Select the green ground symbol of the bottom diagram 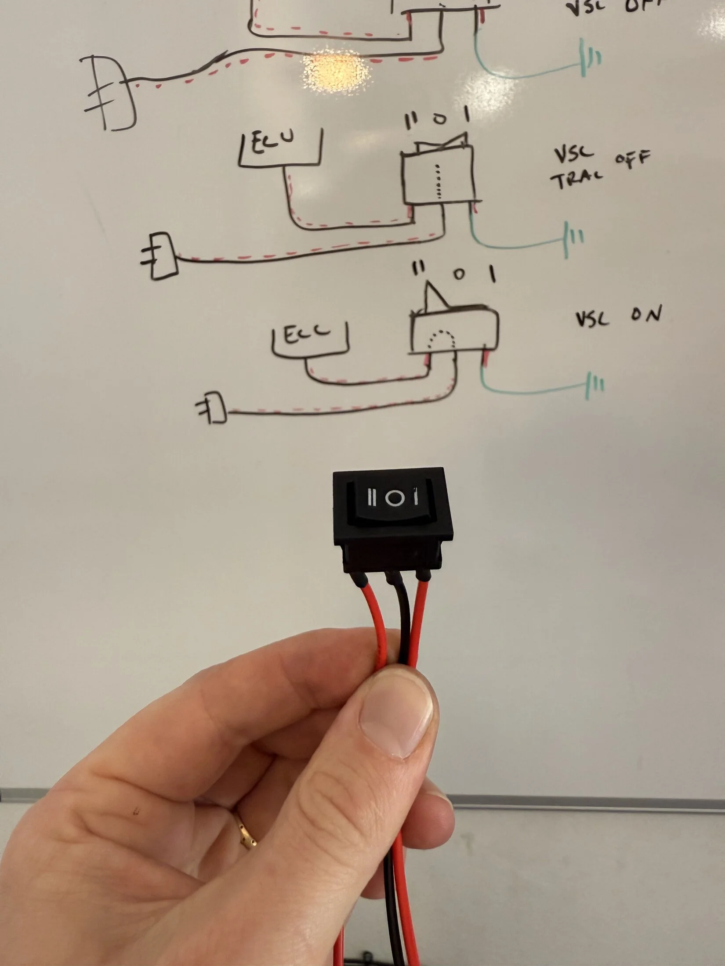pos(595,386)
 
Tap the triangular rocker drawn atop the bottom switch pos(435,296)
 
